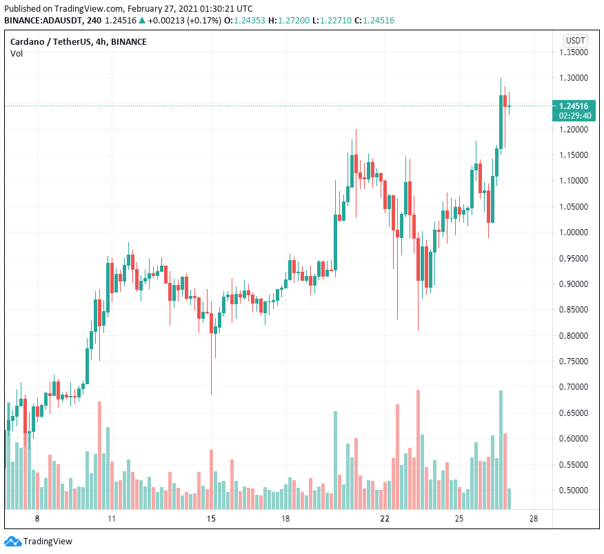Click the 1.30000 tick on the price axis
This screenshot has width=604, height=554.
[x=573, y=77]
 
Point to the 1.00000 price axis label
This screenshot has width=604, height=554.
[x=573, y=233]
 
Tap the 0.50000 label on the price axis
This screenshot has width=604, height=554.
[x=573, y=491]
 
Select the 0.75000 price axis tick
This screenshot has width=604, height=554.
[x=573, y=362]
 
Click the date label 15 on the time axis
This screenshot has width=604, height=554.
[x=211, y=519]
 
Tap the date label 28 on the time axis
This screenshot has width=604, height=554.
[x=533, y=519]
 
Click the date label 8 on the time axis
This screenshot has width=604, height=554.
[x=37, y=519]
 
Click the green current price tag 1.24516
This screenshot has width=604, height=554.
[x=574, y=106]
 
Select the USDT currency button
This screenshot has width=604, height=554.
[x=574, y=41]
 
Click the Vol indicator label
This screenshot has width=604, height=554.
[x=17, y=54]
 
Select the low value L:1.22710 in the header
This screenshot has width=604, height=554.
[x=328, y=20]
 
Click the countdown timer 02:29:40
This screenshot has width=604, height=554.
[x=574, y=116]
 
